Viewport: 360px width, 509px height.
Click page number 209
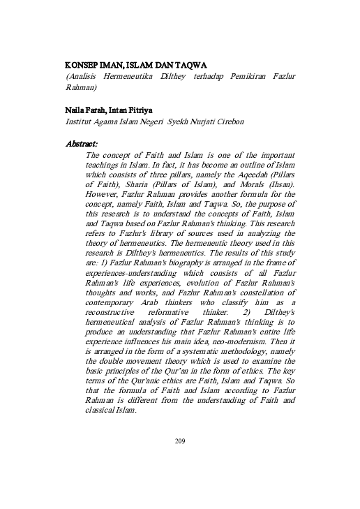(180, 441)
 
